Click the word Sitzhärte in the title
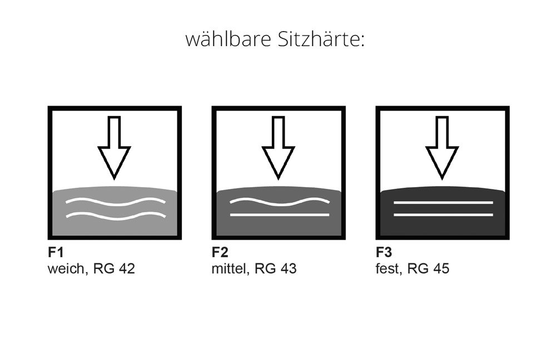click(x=321, y=39)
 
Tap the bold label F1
click(x=56, y=252)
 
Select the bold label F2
click(x=220, y=252)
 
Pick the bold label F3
click(x=384, y=252)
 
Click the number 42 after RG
click(x=127, y=268)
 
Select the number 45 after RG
click(x=441, y=268)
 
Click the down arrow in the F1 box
click(x=114, y=148)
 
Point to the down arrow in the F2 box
click(x=279, y=148)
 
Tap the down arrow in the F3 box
click(x=442, y=148)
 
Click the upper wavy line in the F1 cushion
click(x=116, y=203)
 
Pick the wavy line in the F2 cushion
click(x=280, y=203)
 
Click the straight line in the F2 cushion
click(x=280, y=215)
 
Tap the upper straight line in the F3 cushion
click(x=443, y=203)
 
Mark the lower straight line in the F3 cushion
click(x=443, y=215)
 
